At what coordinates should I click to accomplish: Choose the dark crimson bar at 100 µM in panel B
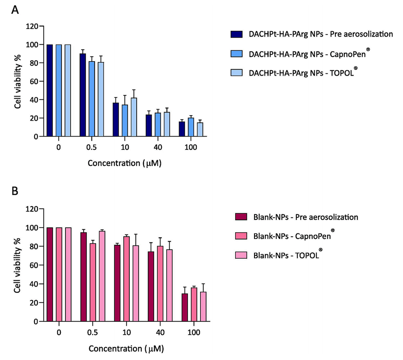[184, 307]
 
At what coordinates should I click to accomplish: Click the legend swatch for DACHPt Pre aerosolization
[236, 34]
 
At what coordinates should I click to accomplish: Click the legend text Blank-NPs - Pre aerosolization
[303, 218]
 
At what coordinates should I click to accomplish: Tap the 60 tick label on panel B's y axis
[33, 265]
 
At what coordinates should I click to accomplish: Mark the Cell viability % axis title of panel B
[18, 265]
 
